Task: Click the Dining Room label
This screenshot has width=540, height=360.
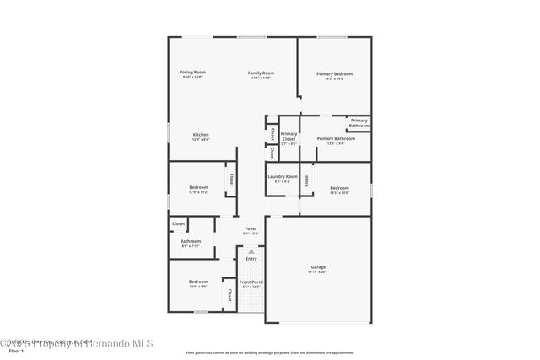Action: (x=192, y=73)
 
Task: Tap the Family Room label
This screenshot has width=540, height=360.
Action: (x=261, y=73)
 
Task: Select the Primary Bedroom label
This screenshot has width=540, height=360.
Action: (x=334, y=74)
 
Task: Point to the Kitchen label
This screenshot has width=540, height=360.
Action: (x=200, y=135)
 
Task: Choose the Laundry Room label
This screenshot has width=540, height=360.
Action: (x=283, y=176)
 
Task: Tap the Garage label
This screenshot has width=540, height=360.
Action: (x=317, y=266)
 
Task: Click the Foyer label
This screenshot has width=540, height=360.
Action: (x=251, y=228)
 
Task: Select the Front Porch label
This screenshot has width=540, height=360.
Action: (x=251, y=282)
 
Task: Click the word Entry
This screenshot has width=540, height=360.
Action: (x=251, y=258)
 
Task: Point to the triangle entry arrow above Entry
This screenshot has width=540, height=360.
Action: (x=251, y=250)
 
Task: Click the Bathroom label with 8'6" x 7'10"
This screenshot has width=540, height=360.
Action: (x=190, y=242)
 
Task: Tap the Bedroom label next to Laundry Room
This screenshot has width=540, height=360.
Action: (x=339, y=187)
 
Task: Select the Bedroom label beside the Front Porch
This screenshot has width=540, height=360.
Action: (x=197, y=282)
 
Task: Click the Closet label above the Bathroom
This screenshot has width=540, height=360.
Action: (x=178, y=223)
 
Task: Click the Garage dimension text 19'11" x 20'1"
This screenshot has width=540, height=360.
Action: (x=317, y=272)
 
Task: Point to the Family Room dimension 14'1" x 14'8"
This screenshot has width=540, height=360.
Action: (x=261, y=78)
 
